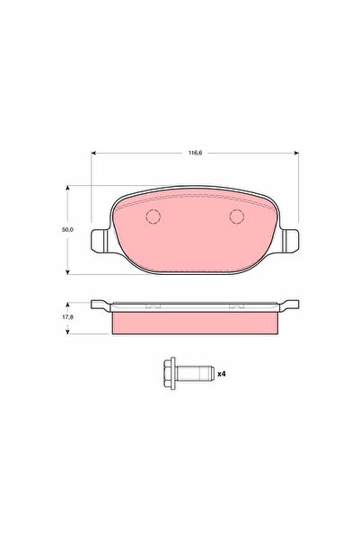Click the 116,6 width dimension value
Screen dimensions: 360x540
tap(195, 153)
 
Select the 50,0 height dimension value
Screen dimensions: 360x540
tap(67, 230)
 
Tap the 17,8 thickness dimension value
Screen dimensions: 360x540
tap(68, 317)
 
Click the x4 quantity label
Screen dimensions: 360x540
tap(222, 374)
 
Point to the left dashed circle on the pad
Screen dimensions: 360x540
tap(154, 217)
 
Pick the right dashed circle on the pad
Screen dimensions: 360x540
tap(237, 217)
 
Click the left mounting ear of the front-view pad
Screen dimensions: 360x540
tap(99, 241)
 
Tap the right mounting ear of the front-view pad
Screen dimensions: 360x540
tap(291, 241)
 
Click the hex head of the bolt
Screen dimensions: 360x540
tap(170, 373)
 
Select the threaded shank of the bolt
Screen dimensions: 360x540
tap(195, 373)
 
